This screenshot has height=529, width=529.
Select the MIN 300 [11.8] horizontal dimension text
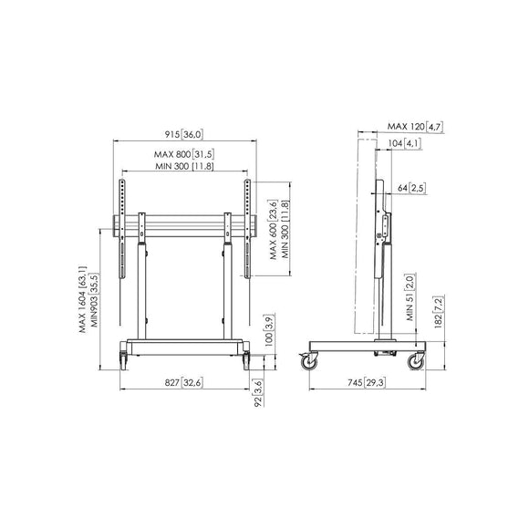pyautogui.click(x=184, y=166)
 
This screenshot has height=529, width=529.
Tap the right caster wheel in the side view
pyautogui.click(x=416, y=362)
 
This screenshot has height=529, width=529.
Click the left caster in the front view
pyautogui.click(x=123, y=360)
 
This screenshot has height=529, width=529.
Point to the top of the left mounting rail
pyautogui.click(x=122, y=181)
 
